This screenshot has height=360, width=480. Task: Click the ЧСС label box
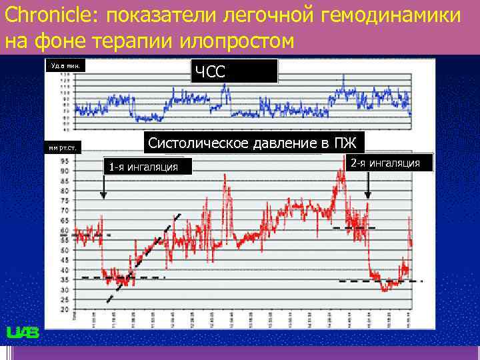coord(234,71)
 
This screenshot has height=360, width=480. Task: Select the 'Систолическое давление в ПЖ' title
coord(252,143)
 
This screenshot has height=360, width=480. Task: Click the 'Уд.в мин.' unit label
coord(65,65)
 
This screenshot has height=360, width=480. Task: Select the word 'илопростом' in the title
coord(237,41)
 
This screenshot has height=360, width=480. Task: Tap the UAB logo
coord(23,333)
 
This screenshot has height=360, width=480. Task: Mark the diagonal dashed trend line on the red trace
coord(143,257)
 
